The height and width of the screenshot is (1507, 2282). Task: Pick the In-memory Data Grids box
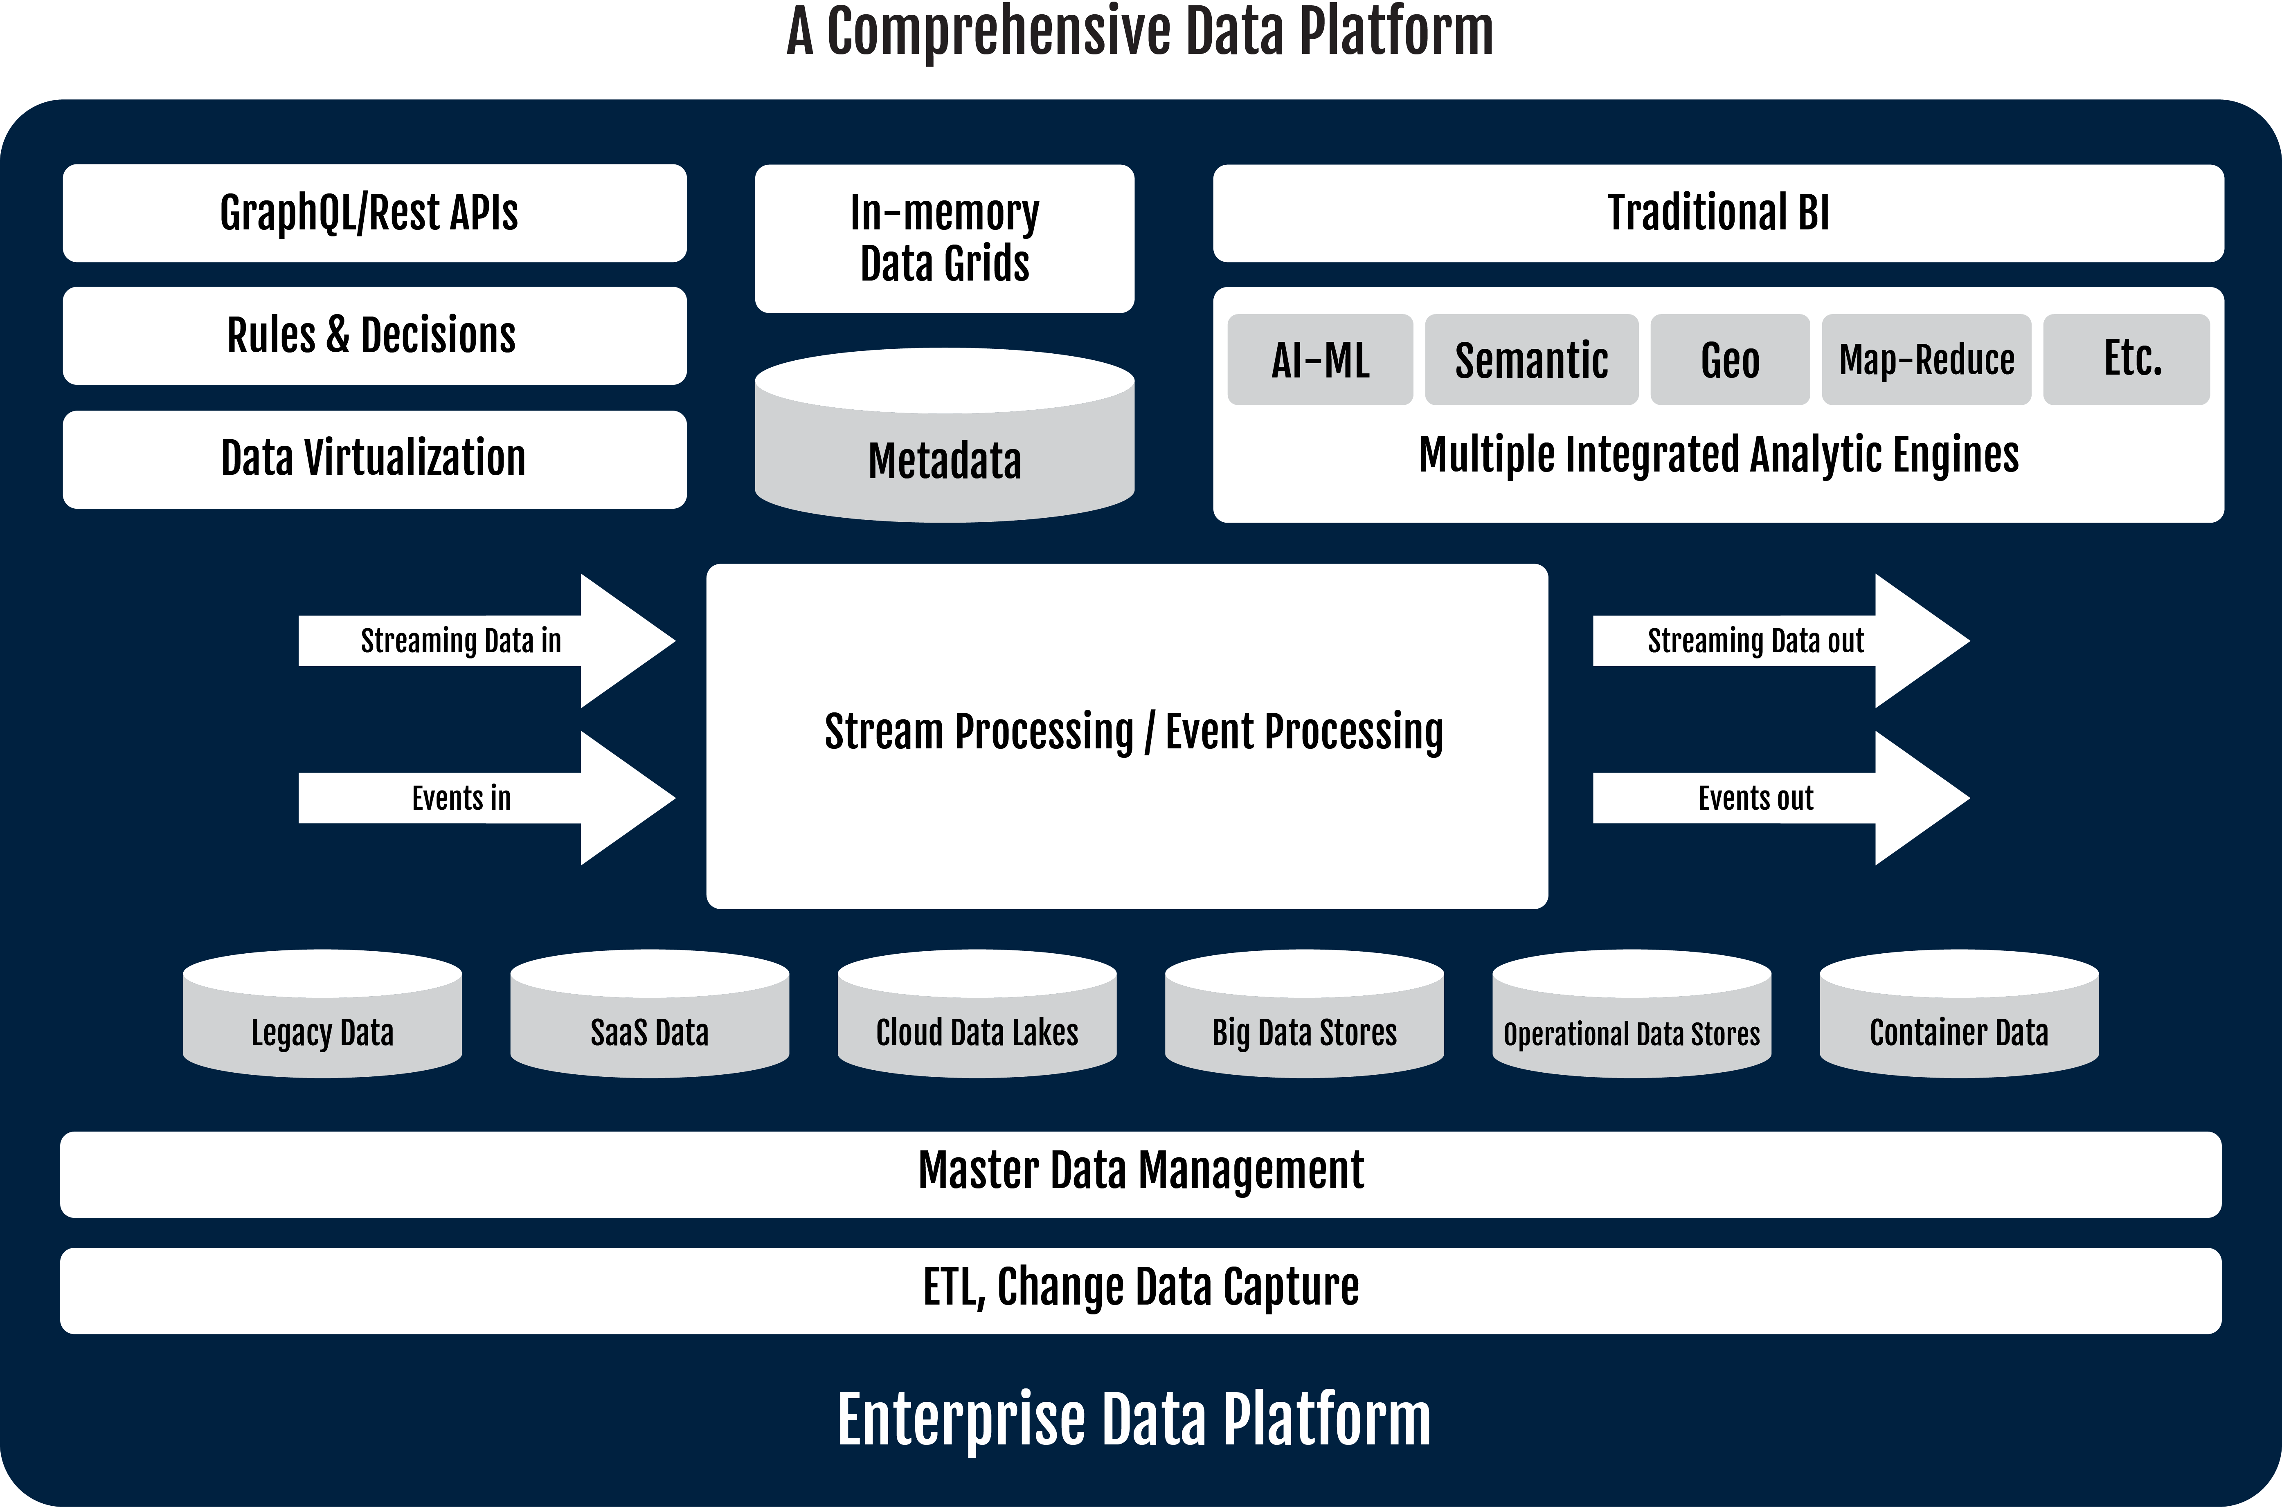click(945, 238)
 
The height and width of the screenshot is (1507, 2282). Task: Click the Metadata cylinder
click(945, 436)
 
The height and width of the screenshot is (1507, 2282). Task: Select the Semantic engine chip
click(1531, 359)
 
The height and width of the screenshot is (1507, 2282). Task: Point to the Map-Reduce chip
click(1926, 359)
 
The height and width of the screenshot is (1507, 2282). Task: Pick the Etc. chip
click(2126, 359)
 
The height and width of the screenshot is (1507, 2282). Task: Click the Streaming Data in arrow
click(487, 641)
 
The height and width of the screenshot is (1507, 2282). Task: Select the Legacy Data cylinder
click(323, 1014)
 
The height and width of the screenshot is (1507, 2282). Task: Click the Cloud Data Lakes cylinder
click(978, 1014)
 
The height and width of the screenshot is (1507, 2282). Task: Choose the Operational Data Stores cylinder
click(1632, 1014)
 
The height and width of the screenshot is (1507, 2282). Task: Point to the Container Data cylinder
click(1959, 1014)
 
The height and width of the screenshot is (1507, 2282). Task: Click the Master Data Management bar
click(1141, 1175)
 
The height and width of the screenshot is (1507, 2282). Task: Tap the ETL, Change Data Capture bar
click(1141, 1291)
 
